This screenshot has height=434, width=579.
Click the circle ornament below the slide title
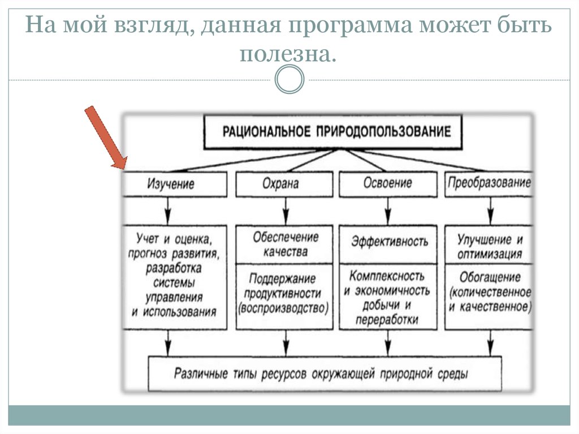[x=289, y=79]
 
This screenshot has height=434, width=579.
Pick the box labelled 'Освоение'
[x=388, y=184]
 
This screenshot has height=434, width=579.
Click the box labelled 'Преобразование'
[x=489, y=183]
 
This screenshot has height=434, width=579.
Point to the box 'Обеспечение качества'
[x=285, y=244]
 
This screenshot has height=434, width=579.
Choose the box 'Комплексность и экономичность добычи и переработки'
[x=387, y=298]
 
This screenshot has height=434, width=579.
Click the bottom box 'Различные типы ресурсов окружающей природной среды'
[x=323, y=374]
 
